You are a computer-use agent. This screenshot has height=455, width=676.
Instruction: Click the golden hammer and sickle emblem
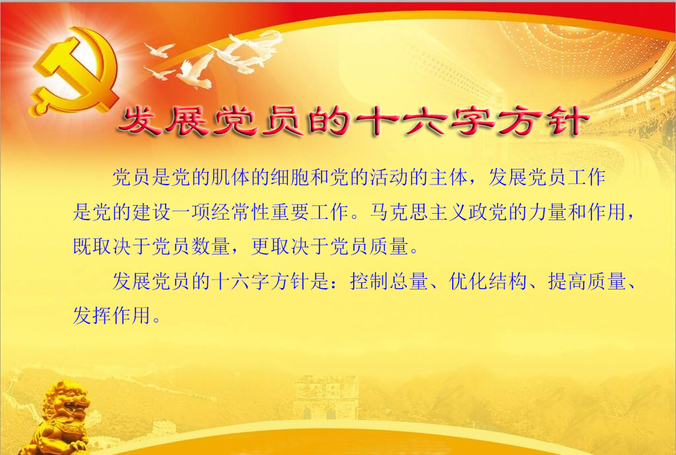75,71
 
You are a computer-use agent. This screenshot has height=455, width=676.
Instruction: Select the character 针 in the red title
566,121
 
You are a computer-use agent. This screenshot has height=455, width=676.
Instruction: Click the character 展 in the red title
188,121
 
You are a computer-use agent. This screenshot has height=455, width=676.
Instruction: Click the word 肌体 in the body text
230,177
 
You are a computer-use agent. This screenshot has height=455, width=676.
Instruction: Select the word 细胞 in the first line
290,177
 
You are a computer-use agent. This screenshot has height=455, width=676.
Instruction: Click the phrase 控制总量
388,282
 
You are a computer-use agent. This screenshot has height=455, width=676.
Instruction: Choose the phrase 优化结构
488,282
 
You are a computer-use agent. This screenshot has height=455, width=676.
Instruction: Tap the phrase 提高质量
587,282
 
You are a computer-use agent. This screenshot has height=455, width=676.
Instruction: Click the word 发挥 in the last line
92,315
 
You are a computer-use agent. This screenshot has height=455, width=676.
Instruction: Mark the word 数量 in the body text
211,246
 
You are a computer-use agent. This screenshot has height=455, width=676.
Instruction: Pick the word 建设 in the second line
151,212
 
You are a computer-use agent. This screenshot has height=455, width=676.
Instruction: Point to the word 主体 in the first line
449,177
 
